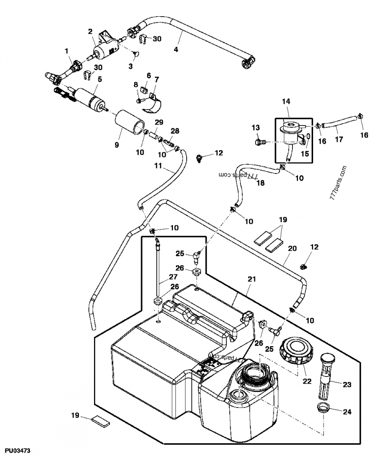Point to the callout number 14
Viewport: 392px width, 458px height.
(286, 102)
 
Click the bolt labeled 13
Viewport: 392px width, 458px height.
(260, 142)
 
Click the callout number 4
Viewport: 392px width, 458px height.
(176, 50)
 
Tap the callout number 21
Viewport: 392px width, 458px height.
(252, 279)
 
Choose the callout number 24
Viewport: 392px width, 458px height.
(347, 412)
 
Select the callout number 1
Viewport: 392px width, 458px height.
(67, 51)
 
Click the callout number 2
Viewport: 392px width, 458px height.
(90, 31)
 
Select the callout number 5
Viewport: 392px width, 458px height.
(99, 78)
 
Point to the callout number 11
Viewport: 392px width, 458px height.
(158, 166)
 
